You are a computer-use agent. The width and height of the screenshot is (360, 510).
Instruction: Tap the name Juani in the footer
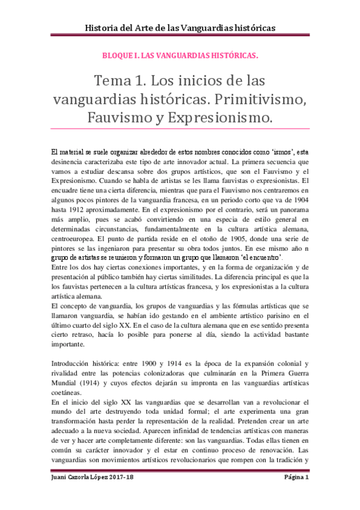(60, 495)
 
